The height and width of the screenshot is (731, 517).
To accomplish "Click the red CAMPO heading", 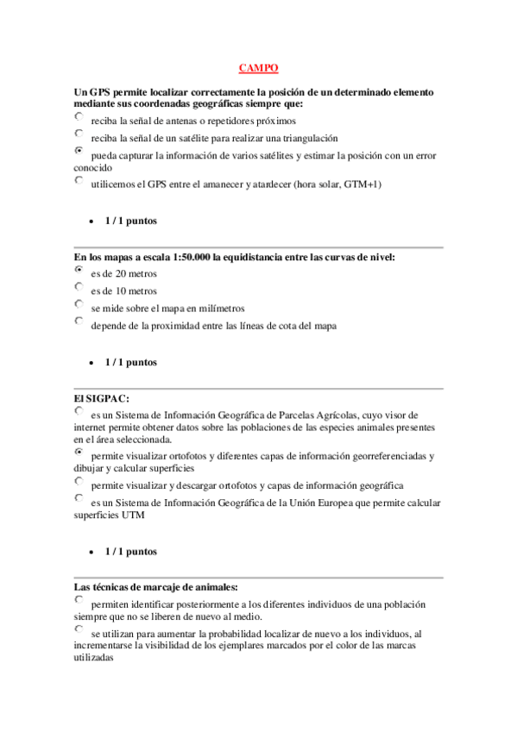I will (x=258, y=68).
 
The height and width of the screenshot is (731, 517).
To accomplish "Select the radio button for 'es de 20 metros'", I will (x=79, y=269).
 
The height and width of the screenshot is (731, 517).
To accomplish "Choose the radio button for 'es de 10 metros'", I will (x=79, y=286).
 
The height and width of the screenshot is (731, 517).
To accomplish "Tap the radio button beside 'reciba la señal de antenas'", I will (x=79, y=116).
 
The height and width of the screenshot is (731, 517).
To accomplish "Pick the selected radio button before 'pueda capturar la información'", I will (x=79, y=151).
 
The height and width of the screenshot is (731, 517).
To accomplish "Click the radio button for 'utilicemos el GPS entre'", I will (x=79, y=180).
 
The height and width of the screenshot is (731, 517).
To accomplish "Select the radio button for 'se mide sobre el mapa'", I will (x=79, y=303).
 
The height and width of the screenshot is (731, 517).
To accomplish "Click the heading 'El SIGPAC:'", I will (x=102, y=397).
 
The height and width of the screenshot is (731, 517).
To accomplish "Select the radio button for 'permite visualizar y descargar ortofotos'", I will (x=79, y=481).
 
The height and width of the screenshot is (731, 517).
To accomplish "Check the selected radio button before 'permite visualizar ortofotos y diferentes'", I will (x=79, y=452).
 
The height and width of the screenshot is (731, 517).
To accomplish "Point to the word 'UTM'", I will (x=134, y=515).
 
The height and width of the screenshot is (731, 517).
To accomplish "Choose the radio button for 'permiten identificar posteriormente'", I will (x=79, y=599).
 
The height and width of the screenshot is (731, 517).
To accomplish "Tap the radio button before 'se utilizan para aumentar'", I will (x=79, y=629).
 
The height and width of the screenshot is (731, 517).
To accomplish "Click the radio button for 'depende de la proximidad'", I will (x=79, y=321).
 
